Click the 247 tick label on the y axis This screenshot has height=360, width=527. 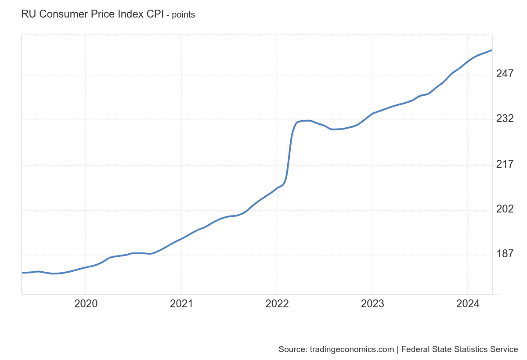[x=505, y=74]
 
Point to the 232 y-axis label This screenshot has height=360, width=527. [x=505, y=119]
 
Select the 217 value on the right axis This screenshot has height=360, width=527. [x=505, y=164]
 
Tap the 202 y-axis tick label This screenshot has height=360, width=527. [x=505, y=209]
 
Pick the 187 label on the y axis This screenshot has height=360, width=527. [x=505, y=254]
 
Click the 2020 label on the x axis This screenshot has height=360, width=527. [x=86, y=304]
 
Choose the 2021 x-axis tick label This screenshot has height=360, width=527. [x=181, y=304]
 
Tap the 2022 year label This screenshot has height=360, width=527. [x=277, y=304]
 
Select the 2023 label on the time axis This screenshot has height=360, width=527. [x=372, y=304]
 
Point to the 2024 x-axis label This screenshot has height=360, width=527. [x=468, y=304]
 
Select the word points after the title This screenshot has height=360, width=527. [x=183, y=15]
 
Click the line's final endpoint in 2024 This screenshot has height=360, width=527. [x=491, y=50]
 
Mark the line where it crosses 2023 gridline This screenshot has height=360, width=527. [x=372, y=114]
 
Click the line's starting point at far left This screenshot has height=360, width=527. [x=22, y=273]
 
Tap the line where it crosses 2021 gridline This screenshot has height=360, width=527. [x=181, y=238]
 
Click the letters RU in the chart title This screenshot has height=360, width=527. [x=27, y=14]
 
